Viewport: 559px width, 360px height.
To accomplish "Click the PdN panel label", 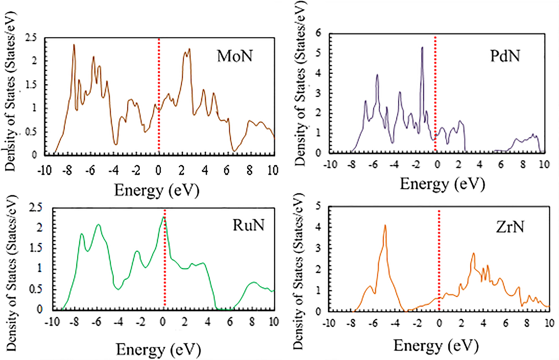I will [505, 56].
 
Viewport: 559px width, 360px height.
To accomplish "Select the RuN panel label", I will [248, 225].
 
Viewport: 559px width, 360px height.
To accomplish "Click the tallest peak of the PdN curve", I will [422, 48].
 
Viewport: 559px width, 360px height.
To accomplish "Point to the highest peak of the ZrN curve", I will [385, 225].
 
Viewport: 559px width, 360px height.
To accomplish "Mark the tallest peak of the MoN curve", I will [74, 45].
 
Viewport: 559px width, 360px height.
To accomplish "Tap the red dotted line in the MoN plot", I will [159, 96].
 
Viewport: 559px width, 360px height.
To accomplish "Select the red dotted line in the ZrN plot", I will [439, 259].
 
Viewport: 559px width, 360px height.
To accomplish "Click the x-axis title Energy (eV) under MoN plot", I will [157, 190].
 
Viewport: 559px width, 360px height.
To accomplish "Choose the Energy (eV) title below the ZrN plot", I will [436, 346].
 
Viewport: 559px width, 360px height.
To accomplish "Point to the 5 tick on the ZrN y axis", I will [318, 206].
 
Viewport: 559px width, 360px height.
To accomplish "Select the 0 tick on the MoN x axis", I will [158, 170].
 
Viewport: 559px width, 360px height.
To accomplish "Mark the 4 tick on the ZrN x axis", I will [483, 323].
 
